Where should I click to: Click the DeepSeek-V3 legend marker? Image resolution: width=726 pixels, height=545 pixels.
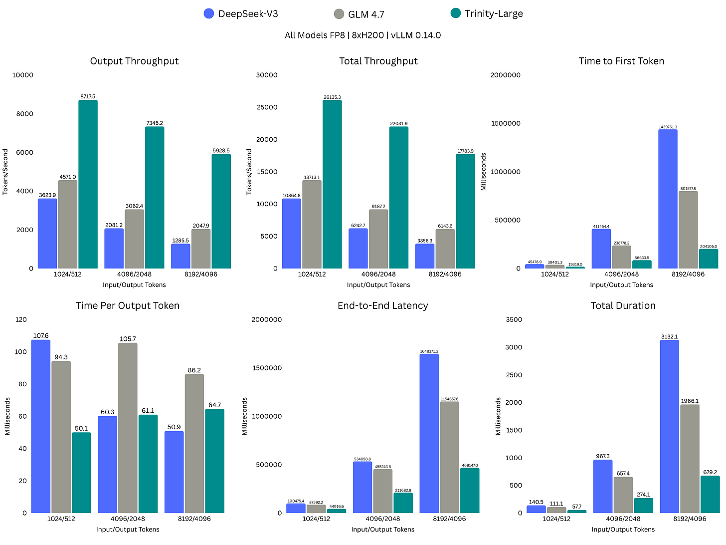(x=209, y=13)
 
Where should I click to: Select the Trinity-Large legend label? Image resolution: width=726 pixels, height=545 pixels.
(x=494, y=13)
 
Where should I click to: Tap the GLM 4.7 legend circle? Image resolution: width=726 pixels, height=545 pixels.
(x=339, y=14)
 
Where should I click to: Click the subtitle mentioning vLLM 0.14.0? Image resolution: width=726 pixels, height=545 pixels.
(x=363, y=35)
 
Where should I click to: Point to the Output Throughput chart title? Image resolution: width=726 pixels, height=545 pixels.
(x=134, y=61)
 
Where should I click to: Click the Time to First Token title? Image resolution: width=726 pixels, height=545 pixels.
(x=621, y=61)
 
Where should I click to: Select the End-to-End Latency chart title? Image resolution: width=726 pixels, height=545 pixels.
(x=382, y=305)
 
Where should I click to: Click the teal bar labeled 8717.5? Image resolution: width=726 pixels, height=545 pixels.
(x=88, y=185)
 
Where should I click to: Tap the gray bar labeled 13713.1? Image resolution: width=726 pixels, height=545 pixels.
(x=312, y=225)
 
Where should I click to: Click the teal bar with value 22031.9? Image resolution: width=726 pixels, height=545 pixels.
(x=398, y=198)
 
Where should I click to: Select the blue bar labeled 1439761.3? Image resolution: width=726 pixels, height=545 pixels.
(x=668, y=199)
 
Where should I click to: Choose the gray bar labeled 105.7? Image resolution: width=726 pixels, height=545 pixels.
(x=128, y=428)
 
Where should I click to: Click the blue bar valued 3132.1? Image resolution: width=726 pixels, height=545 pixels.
(x=669, y=427)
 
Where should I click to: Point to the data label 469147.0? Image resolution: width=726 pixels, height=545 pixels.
(x=470, y=465)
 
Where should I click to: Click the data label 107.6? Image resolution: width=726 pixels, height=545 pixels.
(x=41, y=336)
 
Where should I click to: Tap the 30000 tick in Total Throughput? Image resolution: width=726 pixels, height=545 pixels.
(x=267, y=75)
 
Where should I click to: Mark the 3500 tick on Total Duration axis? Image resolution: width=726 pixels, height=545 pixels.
(x=514, y=319)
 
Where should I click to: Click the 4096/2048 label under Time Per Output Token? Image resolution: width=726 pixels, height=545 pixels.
(x=128, y=519)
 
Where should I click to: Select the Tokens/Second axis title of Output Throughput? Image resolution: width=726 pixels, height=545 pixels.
(x=5, y=172)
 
